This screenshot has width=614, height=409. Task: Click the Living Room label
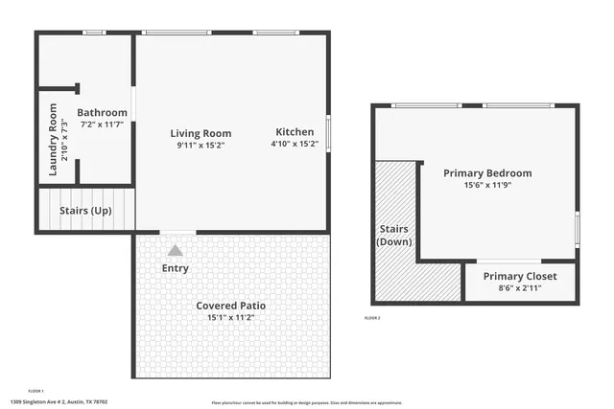coord(201,133)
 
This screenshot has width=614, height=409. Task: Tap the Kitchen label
coord(295,132)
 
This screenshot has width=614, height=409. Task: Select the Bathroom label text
coord(102,113)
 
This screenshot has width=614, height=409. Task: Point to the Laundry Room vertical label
coord(54,147)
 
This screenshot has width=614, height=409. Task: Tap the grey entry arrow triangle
coord(175,250)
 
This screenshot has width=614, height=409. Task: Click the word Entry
coord(176,268)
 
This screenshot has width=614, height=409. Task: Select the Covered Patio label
coord(231,306)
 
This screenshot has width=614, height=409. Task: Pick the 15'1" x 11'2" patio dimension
coord(231,318)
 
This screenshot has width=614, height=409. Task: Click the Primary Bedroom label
coord(487,173)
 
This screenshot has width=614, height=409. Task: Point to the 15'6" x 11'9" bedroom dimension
coord(487,185)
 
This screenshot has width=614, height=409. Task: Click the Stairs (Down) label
coord(392,236)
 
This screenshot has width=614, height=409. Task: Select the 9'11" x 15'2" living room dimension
coord(201,146)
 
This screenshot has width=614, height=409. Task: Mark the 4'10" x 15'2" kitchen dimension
coord(295,145)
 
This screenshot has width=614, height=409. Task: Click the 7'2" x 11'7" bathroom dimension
coord(102,125)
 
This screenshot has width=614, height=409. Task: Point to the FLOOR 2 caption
coord(372,317)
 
